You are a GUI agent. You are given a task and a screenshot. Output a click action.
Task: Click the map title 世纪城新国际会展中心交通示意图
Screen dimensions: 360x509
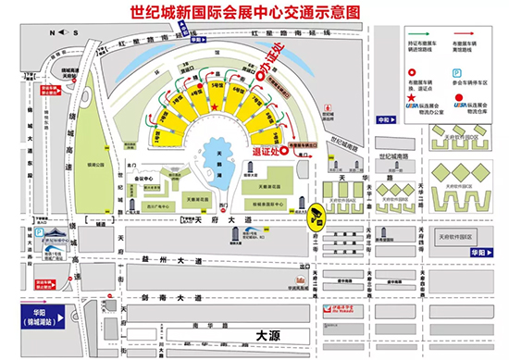254,14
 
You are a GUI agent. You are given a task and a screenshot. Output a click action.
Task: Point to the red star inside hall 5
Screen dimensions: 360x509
215,108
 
